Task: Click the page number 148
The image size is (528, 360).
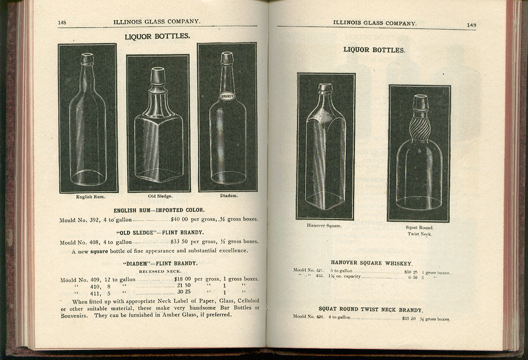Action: tap(62, 22)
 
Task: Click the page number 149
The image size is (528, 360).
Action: tap(471, 25)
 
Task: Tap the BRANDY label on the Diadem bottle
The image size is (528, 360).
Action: tap(227, 96)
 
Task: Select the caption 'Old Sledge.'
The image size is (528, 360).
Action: tap(160, 196)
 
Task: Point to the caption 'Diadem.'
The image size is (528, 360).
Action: tap(229, 195)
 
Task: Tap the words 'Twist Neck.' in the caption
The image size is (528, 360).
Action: tap(420, 234)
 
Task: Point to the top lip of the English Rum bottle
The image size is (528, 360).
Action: tap(87, 55)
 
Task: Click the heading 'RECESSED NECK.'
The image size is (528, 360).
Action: tap(160, 271)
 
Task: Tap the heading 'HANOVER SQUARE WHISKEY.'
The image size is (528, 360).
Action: tap(371, 263)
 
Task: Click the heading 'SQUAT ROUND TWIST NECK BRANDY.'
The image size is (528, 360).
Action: tap(371, 310)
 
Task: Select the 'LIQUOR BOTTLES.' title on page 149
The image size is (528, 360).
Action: tap(374, 50)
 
